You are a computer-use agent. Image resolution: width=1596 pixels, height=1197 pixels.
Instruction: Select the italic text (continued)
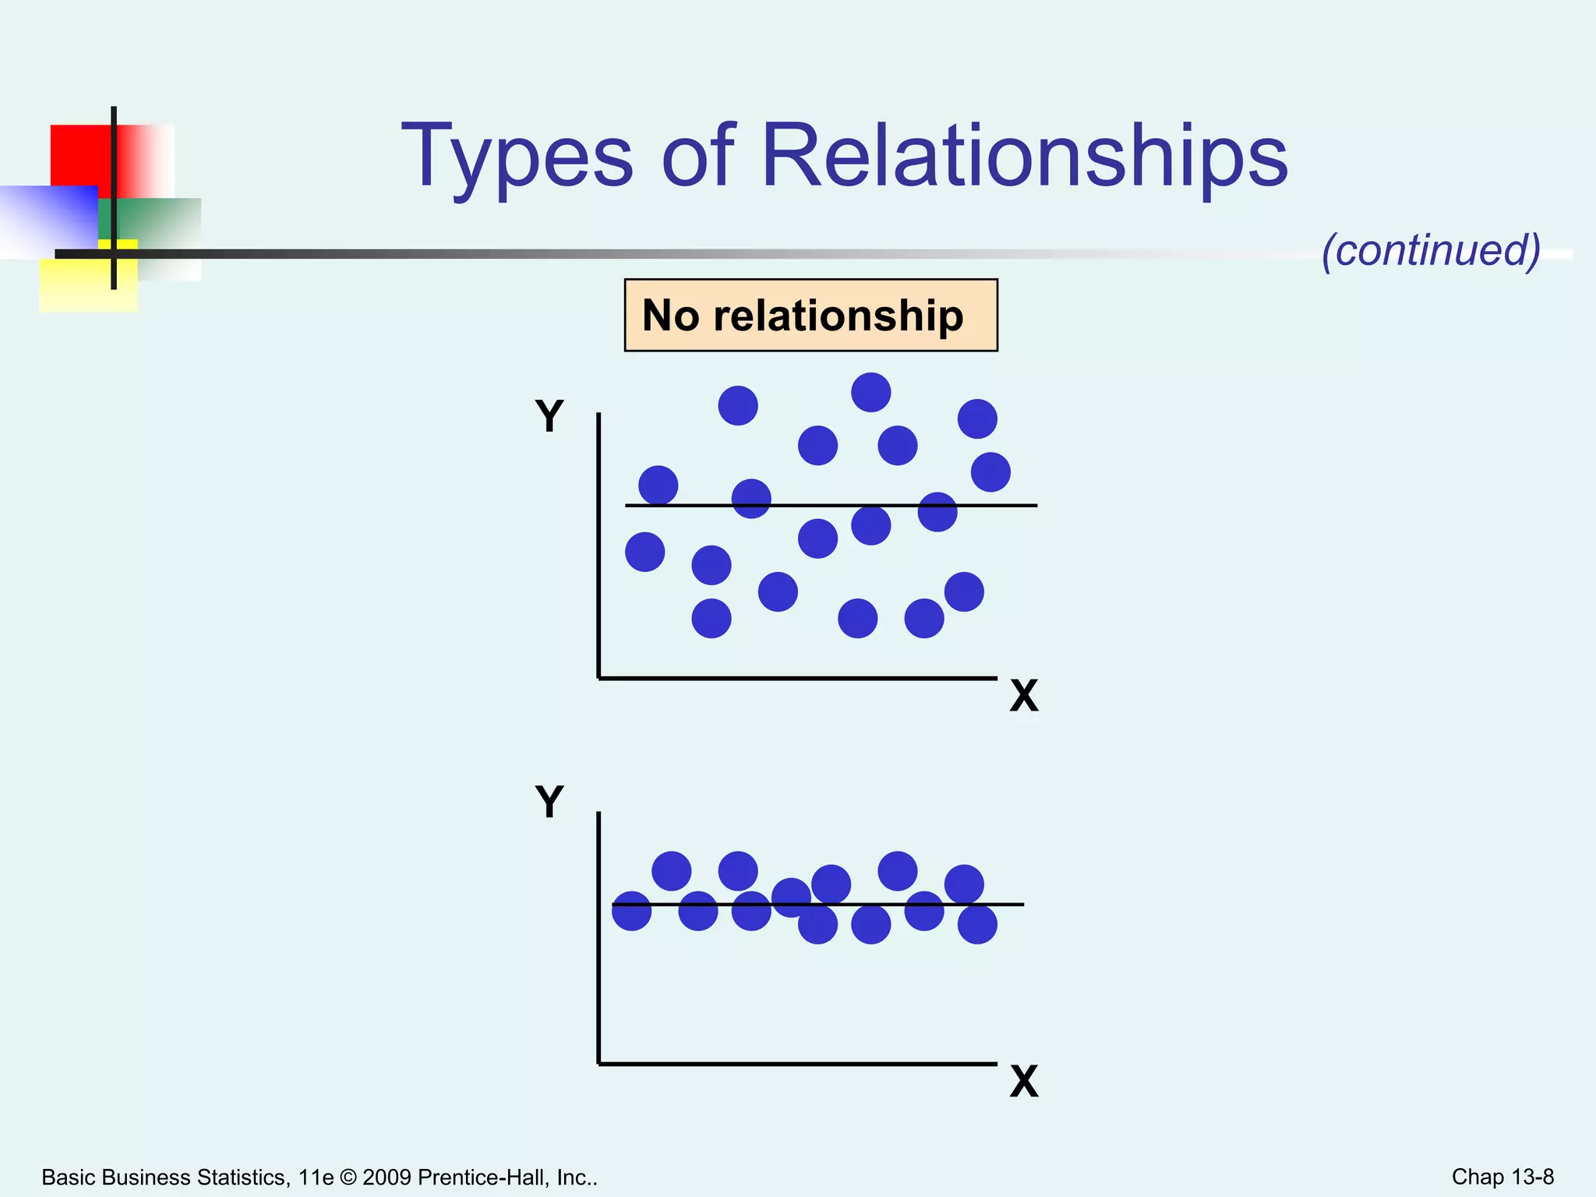(1431, 250)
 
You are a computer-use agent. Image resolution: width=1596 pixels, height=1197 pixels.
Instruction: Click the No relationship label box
(810, 315)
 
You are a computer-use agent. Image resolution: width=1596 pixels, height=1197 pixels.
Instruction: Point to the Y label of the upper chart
(549, 416)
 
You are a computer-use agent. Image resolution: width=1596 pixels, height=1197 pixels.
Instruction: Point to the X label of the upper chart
(1024, 695)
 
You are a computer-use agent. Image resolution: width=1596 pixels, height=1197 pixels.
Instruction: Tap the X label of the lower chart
(1024, 1082)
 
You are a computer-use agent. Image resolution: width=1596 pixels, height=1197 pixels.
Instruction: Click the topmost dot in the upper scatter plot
(870, 392)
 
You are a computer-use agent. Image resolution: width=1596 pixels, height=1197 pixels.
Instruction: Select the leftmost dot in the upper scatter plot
(644, 552)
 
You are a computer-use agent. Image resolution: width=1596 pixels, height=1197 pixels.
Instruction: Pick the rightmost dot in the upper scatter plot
(990, 472)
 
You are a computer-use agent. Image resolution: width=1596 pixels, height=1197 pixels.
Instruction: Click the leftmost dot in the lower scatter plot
(631, 911)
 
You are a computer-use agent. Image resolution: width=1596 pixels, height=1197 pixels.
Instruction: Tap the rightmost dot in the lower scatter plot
(977, 924)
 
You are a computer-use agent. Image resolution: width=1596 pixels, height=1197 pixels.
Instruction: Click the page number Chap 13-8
(1502, 1177)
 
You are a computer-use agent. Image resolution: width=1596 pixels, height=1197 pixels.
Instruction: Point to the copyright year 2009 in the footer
(387, 1178)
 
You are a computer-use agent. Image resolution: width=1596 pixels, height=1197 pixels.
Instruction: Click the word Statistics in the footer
(230, 1178)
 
